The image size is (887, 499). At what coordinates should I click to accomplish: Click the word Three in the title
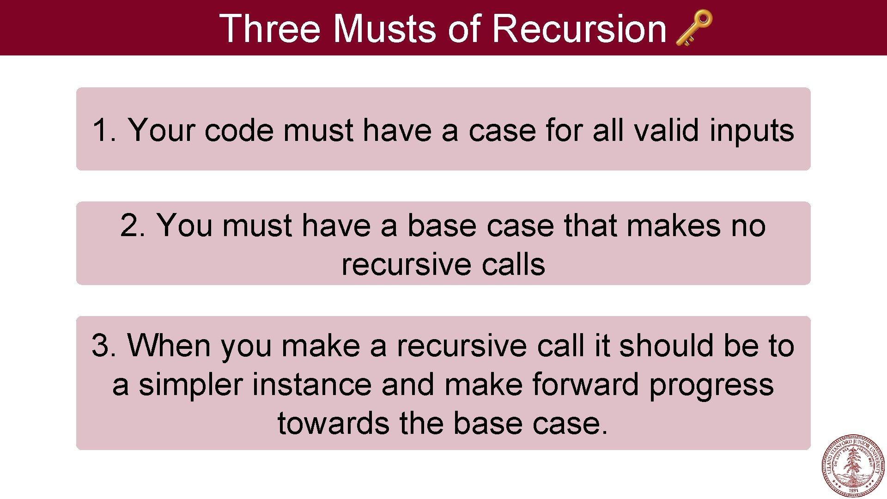pyautogui.click(x=269, y=29)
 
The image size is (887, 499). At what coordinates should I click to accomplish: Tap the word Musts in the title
pyautogui.click(x=384, y=29)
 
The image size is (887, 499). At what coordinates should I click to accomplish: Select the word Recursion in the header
pyautogui.click(x=579, y=29)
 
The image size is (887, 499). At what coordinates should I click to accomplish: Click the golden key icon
pyautogui.click(x=694, y=28)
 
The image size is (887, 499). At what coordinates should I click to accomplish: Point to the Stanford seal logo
pyautogui.click(x=853, y=466)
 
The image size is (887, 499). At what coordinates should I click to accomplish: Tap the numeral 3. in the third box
pyautogui.click(x=103, y=346)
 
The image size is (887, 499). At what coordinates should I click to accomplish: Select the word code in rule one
pyautogui.click(x=238, y=130)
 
